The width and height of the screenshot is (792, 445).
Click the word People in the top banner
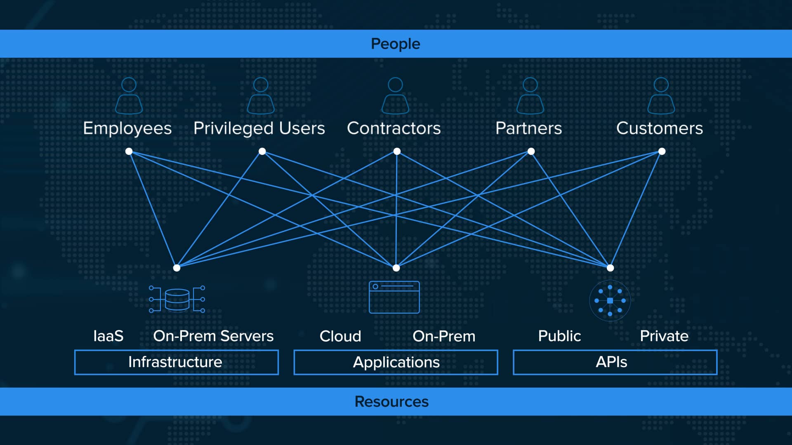pyautogui.click(x=395, y=44)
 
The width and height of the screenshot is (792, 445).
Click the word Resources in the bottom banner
pyautogui.click(x=391, y=401)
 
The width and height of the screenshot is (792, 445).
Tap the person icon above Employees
pyautogui.click(x=129, y=96)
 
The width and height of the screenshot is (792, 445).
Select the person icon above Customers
pyautogui.click(x=661, y=96)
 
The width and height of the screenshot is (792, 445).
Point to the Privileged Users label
pyautogui.click(x=259, y=129)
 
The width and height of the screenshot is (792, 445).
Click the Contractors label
pyautogui.click(x=394, y=128)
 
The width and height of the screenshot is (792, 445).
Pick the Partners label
pyautogui.click(x=528, y=128)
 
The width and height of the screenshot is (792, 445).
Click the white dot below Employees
pyautogui.click(x=129, y=151)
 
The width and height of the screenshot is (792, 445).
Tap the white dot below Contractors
pyautogui.click(x=397, y=151)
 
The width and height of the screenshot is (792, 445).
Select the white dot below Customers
pyautogui.click(x=662, y=151)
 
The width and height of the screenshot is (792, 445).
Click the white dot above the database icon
pyautogui.click(x=177, y=268)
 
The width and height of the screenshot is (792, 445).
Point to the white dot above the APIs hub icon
pyautogui.click(x=610, y=268)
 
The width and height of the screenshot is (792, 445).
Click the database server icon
pyautogui.click(x=177, y=299)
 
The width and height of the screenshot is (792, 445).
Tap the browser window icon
pyautogui.click(x=394, y=297)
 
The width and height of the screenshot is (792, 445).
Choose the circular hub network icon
pyautogui.click(x=610, y=301)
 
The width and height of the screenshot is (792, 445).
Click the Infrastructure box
pyautogui.click(x=176, y=362)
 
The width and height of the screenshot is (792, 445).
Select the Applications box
pyautogui.click(x=396, y=362)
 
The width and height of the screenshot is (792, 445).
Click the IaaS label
pyautogui.click(x=108, y=336)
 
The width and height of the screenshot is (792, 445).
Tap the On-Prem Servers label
pyautogui.click(x=213, y=336)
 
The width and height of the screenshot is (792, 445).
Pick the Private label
pyautogui.click(x=664, y=336)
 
